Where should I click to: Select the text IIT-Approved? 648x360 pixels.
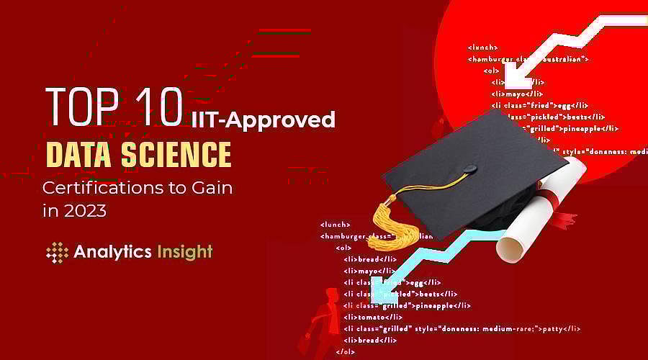[264, 119]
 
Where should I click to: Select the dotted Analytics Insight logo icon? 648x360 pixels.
[57, 252]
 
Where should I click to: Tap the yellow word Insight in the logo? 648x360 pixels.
[184, 252]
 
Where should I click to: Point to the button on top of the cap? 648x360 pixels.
[469, 170]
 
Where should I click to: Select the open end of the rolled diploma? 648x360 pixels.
[510, 247]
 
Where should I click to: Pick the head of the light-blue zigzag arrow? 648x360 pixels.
[379, 291]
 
